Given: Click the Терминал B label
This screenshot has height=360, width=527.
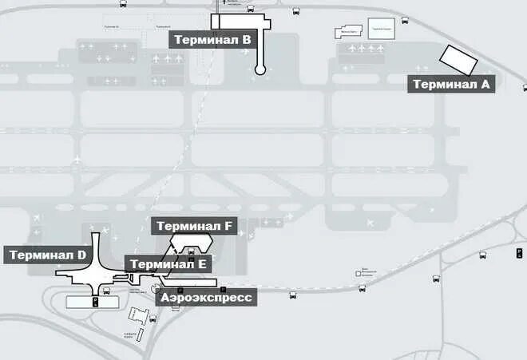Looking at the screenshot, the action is [x=212, y=39].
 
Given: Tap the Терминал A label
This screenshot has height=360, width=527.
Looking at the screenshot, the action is [x=451, y=84].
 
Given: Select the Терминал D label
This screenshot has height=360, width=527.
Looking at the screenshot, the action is [x=46, y=255].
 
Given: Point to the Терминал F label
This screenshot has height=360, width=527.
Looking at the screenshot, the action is [x=194, y=227].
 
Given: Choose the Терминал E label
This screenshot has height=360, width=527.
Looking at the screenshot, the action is [x=168, y=264].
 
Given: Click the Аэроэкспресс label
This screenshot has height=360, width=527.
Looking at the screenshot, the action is [x=207, y=298].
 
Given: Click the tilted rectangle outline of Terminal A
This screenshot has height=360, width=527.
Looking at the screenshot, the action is [x=458, y=58].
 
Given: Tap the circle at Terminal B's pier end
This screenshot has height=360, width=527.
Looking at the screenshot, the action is [x=260, y=70].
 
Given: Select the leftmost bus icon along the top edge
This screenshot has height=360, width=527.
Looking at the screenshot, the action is [x=124, y=4].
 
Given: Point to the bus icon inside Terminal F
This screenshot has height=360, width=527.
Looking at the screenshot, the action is [x=190, y=252].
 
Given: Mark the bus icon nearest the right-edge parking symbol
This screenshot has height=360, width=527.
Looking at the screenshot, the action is [x=482, y=255].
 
